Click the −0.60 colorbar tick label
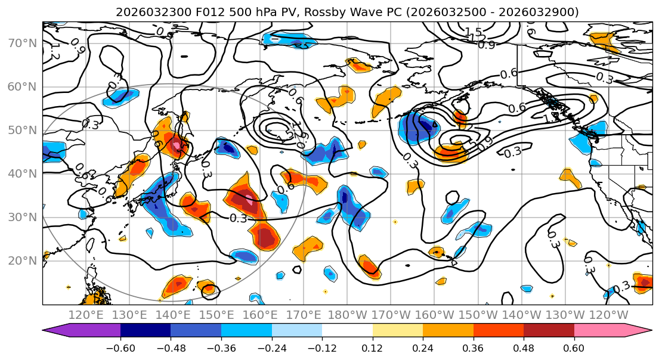[x=120, y=347]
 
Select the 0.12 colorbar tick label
[x=373, y=347]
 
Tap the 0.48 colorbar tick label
[x=524, y=347]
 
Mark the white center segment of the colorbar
[x=347, y=330]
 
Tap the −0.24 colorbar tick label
[x=271, y=347]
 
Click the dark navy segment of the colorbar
[x=146, y=330]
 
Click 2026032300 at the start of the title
[x=146, y=12]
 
